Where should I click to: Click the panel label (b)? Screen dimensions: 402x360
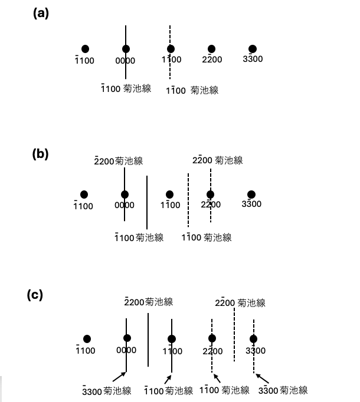(x=40, y=154)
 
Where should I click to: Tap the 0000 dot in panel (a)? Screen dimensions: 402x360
(x=126, y=49)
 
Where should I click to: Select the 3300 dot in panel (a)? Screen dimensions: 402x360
(x=253, y=49)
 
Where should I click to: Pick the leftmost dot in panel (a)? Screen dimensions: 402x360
(x=86, y=49)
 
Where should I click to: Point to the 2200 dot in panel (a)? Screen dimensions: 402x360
(x=212, y=49)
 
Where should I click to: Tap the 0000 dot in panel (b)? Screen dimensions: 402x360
(x=125, y=195)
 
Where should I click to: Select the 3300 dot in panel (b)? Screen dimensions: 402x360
(x=251, y=195)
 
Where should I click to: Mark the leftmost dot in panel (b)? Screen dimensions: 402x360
(x=84, y=195)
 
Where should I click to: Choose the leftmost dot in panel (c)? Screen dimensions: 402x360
(x=87, y=339)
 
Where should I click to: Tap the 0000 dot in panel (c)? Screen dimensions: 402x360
(x=127, y=338)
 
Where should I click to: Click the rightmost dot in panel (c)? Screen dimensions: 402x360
(x=254, y=338)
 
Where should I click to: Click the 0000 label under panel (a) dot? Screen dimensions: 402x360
(x=125, y=61)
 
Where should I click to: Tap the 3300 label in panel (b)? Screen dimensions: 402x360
(x=251, y=205)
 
